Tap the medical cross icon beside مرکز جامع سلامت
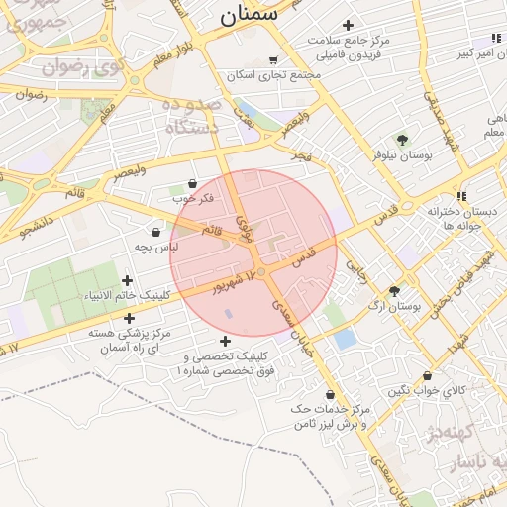pos(347,25)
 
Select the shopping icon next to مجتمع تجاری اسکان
pos(274,60)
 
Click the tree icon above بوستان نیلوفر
pos(401,139)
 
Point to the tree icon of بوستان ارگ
pos(395,291)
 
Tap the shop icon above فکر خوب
pos(192,183)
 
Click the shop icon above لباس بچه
pos(156,231)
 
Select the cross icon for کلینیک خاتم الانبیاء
pos(127,280)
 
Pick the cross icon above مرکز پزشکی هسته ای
pos(129,318)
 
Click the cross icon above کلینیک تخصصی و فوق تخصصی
pos(226,341)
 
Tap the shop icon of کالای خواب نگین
pos(427,376)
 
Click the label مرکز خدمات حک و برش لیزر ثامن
pos(330,416)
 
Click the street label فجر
pos(301,156)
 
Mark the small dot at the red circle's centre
pos(261,271)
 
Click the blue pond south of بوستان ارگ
pos(345,339)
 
